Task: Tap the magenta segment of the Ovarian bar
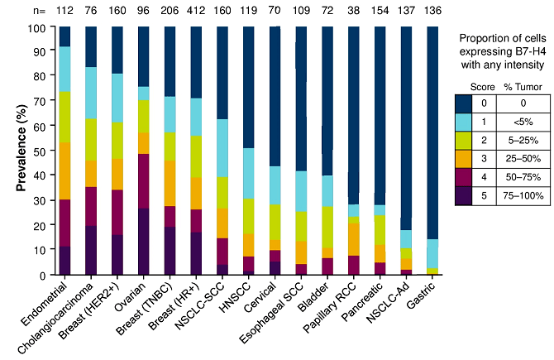pyautogui.click(x=143, y=181)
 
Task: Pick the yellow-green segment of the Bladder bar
pyautogui.click(x=328, y=226)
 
